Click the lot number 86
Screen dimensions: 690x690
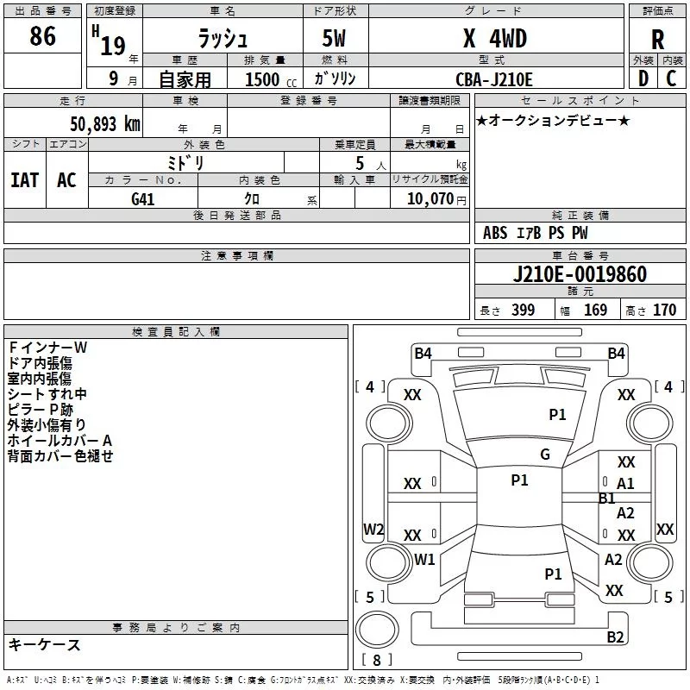click(x=42, y=37)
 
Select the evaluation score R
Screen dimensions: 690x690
click(x=657, y=40)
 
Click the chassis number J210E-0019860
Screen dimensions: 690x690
click(x=580, y=275)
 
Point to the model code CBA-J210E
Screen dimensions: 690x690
click(x=494, y=79)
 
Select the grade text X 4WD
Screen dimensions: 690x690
click(x=495, y=38)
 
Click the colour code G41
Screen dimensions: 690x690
click(x=143, y=198)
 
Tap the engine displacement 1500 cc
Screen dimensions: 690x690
click(x=267, y=79)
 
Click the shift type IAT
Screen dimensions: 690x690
click(x=25, y=180)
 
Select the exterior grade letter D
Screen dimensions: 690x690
click(x=643, y=78)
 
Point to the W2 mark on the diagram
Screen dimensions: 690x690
click(x=373, y=529)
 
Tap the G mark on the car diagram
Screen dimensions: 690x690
click(x=544, y=455)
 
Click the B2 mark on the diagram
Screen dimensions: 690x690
click(x=615, y=637)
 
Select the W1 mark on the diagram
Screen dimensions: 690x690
click(x=424, y=559)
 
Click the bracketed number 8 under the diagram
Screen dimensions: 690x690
click(x=376, y=661)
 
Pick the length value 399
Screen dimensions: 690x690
click(x=523, y=310)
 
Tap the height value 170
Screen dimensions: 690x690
click(x=664, y=310)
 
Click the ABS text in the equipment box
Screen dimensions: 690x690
click(x=495, y=233)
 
